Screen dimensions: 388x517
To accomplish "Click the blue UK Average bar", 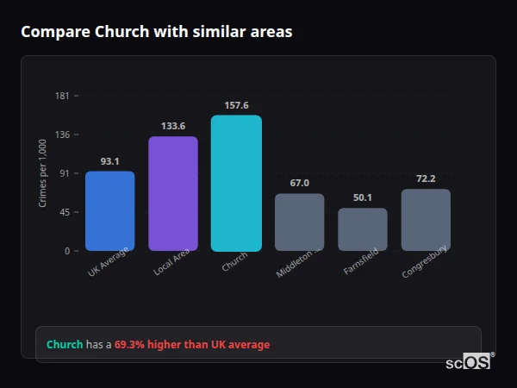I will point(109,211).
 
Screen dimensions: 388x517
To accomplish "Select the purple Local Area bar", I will point(173,194).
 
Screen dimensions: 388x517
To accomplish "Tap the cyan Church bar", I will point(236,184).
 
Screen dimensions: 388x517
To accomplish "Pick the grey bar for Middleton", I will point(299,222).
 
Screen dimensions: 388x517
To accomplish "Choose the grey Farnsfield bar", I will point(362,229).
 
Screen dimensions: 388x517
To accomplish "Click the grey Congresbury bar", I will point(426,220).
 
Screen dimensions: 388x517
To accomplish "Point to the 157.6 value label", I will point(236,105).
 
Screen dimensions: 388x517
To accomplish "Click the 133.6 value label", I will point(173,126).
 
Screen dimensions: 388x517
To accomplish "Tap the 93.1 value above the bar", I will point(109,161).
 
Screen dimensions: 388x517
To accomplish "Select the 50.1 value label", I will point(362,198).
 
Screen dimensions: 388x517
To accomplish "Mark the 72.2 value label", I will point(426,178).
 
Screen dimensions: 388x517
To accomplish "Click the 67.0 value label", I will point(299,183).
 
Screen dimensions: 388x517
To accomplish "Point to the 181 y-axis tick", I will point(62,96).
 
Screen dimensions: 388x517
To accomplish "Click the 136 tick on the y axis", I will point(62,135).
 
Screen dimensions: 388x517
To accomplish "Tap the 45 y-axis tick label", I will point(64,212).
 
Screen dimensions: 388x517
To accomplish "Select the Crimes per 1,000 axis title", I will point(42,172).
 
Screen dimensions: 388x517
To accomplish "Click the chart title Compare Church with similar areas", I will point(156,32).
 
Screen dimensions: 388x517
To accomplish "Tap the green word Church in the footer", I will point(65,345).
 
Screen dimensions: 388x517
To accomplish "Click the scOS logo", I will point(469,362).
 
